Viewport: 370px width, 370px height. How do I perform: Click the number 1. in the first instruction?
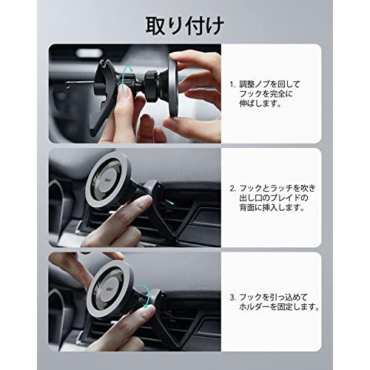coord(232,84)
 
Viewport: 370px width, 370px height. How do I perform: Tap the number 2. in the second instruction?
coord(232,189)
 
